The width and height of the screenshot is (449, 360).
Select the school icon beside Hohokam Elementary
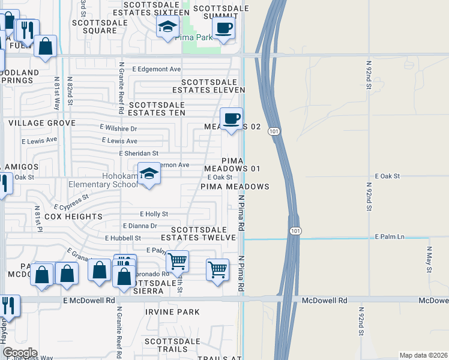[149, 175]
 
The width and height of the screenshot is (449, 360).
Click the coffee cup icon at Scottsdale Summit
[223, 28]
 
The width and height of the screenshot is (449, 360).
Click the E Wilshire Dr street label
[118, 128]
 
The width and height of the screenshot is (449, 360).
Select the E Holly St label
[154, 214]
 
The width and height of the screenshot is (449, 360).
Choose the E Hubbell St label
[122, 238]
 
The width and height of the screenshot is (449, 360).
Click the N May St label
[429, 259]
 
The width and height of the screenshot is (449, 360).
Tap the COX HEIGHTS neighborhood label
[74, 217]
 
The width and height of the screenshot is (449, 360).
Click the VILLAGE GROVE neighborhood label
[42, 123]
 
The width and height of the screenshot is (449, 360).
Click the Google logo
[20, 353]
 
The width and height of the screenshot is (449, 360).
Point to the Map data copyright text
[423, 355]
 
